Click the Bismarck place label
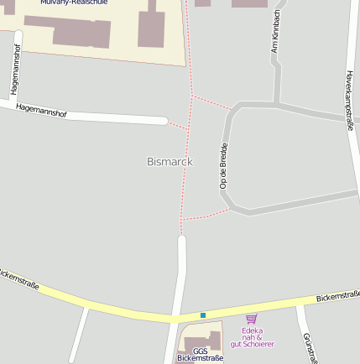pos(170,161)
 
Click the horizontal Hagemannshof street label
pos(41,111)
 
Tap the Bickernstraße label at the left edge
pos(18,279)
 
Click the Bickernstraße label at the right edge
pos(337,296)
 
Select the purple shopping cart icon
pos(251,318)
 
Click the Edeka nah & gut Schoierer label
pos(252,337)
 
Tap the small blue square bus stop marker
pos(202,315)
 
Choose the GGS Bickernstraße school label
pos(200,355)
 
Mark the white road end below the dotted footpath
pos(181,241)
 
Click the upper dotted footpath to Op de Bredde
pos(211,102)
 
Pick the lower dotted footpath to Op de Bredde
pos(205,215)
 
